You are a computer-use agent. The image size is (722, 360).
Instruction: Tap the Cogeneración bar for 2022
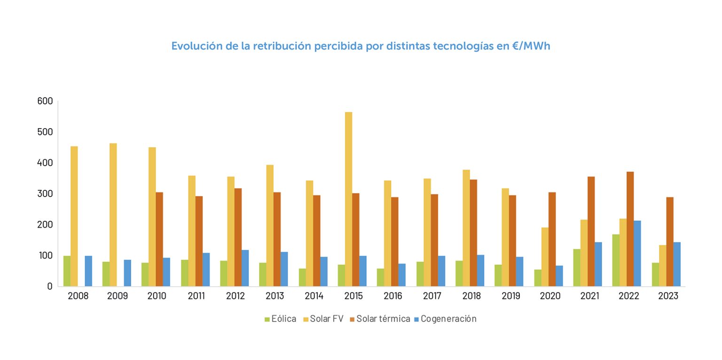tap(637, 253)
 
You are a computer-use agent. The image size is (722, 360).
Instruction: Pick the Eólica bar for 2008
tap(67, 271)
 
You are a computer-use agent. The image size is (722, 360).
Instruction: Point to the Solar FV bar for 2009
tap(113, 215)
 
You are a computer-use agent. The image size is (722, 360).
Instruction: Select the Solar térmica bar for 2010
tap(159, 239)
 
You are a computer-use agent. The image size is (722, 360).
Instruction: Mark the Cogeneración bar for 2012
tap(245, 268)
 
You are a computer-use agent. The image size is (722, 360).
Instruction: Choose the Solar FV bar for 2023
tap(662, 266)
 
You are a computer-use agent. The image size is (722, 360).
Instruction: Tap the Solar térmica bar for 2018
tap(473, 233)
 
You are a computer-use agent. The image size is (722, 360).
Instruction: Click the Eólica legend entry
tap(281, 319)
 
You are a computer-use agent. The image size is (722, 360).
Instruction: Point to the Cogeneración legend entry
tap(445, 319)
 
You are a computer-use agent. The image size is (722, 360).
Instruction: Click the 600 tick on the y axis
tap(45, 101)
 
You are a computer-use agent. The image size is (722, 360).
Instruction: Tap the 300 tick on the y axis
tap(45, 194)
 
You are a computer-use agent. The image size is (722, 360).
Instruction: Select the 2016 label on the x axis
tap(393, 296)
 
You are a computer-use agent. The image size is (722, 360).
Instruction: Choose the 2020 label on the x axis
tap(550, 296)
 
